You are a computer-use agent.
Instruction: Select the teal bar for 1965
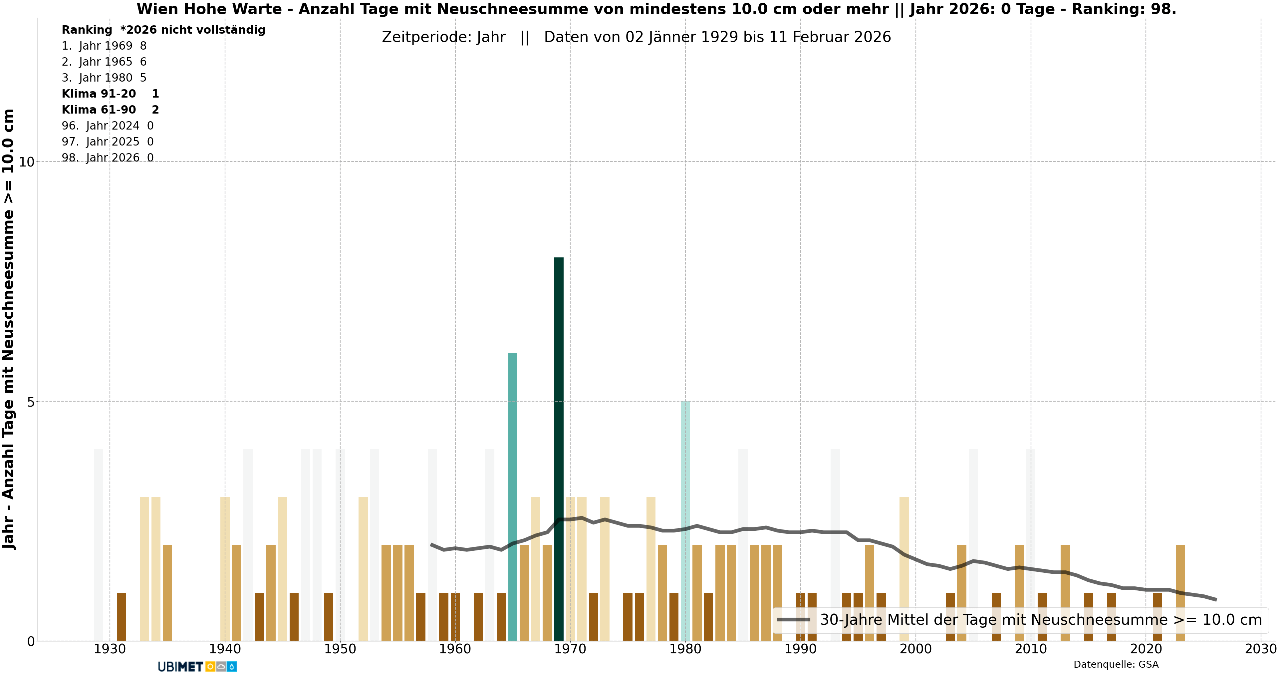tap(512, 497)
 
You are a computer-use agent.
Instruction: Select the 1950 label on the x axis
tap(340, 649)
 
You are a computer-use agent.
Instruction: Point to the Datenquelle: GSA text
tap(1116, 665)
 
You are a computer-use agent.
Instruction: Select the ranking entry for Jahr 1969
tap(104, 46)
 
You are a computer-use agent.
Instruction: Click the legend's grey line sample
tap(794, 620)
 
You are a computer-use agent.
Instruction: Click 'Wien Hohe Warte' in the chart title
tap(209, 9)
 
